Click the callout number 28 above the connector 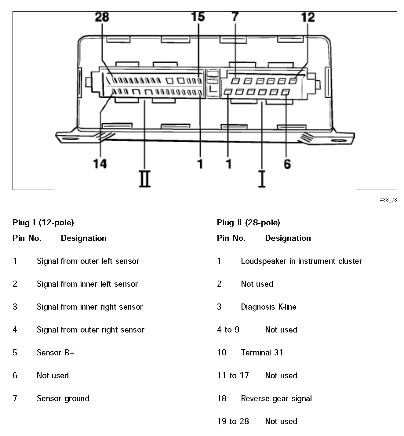click(102, 17)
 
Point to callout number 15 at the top click(198, 17)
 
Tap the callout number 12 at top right click(308, 17)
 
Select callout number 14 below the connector click(100, 164)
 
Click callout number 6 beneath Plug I click(287, 164)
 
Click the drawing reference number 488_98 click(388, 200)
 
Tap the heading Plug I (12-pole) click(43, 223)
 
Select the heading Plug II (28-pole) click(248, 223)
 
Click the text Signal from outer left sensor click(88, 261)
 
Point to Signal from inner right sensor click(90, 307)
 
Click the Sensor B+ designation click(56, 353)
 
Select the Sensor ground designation click(63, 398)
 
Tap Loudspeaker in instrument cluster click(301, 261)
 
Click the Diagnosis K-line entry click(268, 307)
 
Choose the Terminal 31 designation click(262, 353)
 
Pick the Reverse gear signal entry click(276, 398)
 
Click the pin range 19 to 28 click(233, 421)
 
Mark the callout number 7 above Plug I click(235, 17)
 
